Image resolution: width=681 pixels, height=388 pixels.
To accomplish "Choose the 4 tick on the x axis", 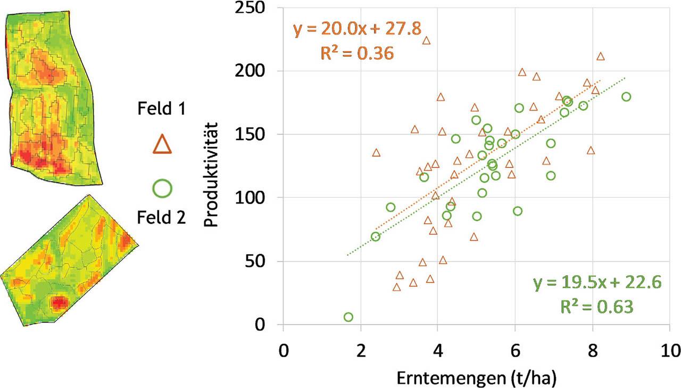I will coord(438,351).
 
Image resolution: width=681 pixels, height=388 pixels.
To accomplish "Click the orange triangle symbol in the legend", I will coord(162,143).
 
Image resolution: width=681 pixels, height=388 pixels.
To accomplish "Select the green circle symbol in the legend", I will coord(162,188).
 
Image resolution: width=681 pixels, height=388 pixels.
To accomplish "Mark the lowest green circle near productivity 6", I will coord(348,317).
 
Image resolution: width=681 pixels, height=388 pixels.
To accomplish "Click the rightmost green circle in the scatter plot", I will coord(626,97).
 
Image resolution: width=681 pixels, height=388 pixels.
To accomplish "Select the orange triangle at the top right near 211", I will coord(601,56).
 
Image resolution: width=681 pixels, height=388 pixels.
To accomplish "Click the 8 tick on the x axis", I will coord(592,351).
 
